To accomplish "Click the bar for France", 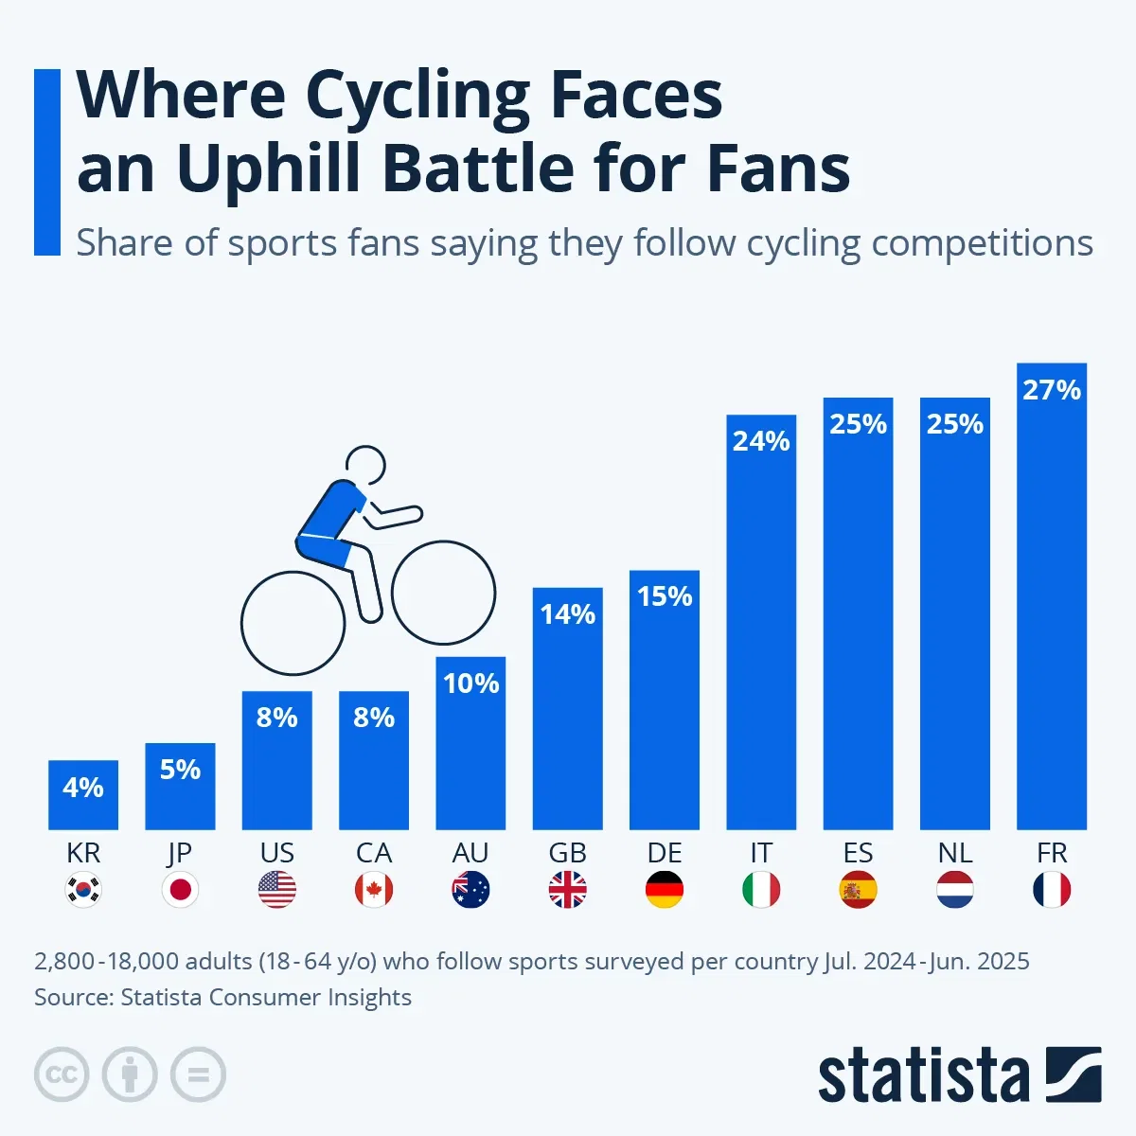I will click(1051, 606).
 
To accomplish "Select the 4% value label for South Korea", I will click(83, 788).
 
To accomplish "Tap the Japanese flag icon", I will click(180, 890).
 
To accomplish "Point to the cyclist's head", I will click(365, 466).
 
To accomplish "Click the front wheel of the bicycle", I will click(443, 593).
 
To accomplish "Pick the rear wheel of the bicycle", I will click(293, 623).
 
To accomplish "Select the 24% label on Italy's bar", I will click(761, 441).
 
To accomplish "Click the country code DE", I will click(665, 853).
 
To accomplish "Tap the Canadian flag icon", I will click(374, 890).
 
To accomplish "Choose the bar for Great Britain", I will click(567, 719).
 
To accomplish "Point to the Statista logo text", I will click(923, 1076).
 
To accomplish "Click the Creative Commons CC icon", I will click(62, 1074).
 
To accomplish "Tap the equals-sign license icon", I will click(199, 1074).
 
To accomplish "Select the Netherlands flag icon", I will click(954, 890).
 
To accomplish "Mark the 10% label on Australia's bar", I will click(470, 683).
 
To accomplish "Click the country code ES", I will click(858, 853).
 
